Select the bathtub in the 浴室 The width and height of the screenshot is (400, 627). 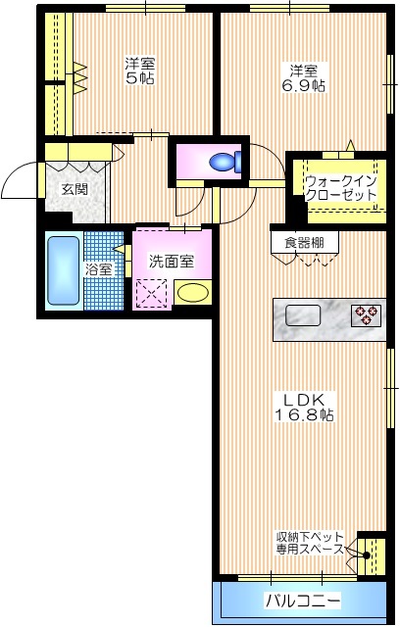pos(62,269)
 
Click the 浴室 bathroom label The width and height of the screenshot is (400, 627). pos(99,269)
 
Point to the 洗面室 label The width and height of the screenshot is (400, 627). pos(171,262)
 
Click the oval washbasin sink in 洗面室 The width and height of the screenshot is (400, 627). pos(192,292)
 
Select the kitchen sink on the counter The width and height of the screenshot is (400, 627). pos(302,315)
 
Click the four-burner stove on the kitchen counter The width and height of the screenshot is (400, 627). pos(366,314)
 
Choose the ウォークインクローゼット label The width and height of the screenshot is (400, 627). pos(340,188)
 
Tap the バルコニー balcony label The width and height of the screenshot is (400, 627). pos(302,599)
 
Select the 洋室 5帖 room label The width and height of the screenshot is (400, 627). pos(139,72)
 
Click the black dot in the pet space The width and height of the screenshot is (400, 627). pos(367,555)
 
